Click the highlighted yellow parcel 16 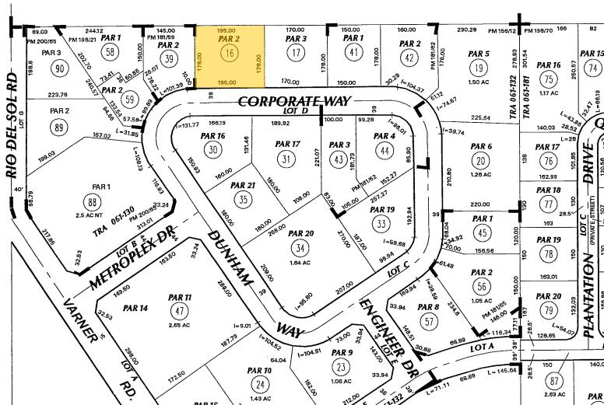pos(228,54)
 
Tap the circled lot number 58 pos(111,53)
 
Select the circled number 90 pos(58,68)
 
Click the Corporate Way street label pos(295,102)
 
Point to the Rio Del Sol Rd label pos(12,129)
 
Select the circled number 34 pos(300,249)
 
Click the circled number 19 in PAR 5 pos(480,68)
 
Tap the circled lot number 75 pos(550,80)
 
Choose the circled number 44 pos(383,151)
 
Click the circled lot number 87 pos(554,381)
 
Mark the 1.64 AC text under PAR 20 pos(300,263)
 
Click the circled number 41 pos(353,53)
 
